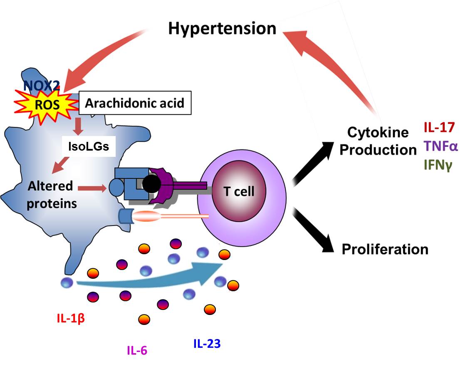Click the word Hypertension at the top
click(x=222, y=29)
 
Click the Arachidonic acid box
click(x=134, y=103)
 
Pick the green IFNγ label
click(x=438, y=165)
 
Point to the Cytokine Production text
click(x=378, y=141)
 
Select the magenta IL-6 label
click(x=137, y=351)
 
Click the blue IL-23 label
click(x=207, y=344)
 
